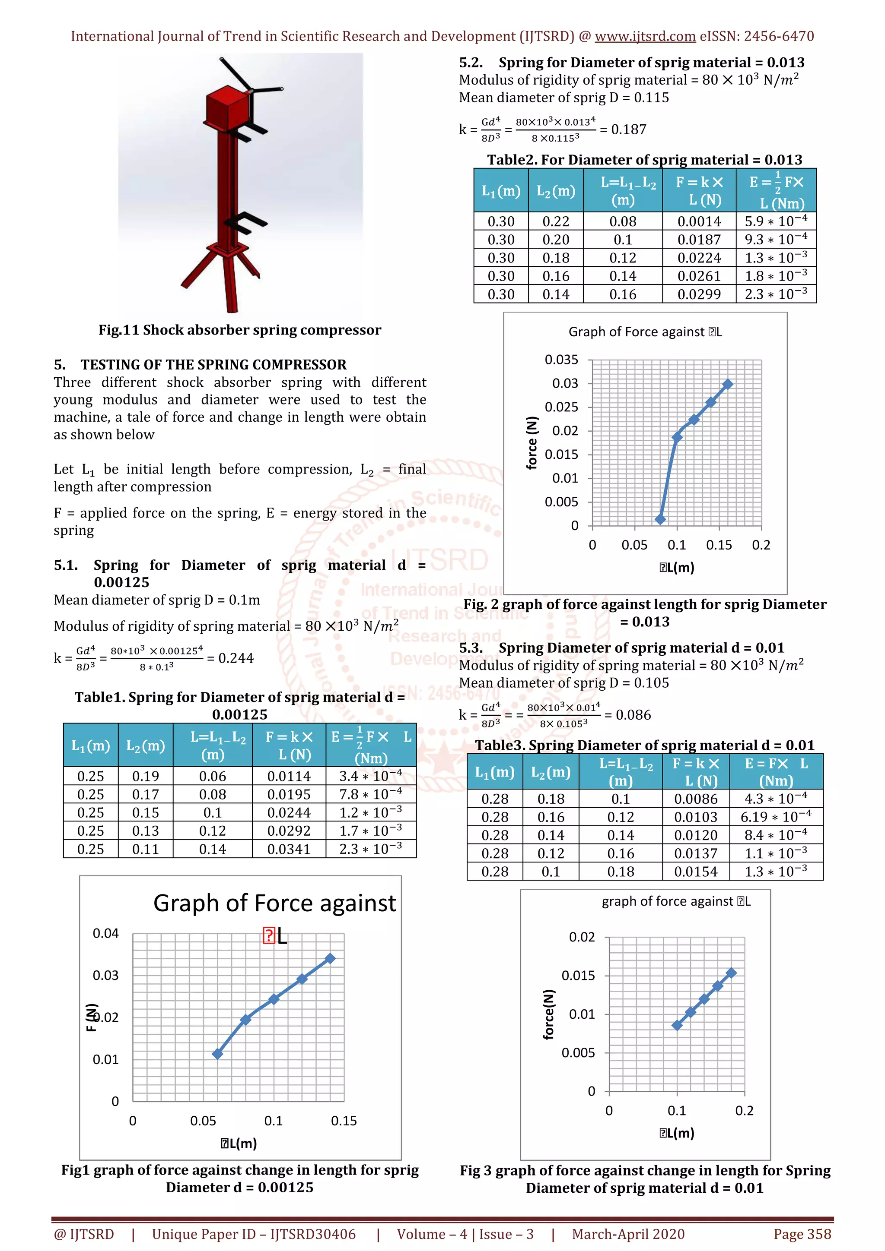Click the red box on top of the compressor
point(226,106)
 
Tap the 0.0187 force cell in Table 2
point(699,240)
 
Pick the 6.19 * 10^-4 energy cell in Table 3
point(775,817)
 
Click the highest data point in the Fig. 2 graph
point(727,384)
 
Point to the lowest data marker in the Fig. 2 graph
point(660,519)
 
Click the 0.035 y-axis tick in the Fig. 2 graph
point(561,360)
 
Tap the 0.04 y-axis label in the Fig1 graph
point(105,933)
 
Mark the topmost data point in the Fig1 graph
point(330,958)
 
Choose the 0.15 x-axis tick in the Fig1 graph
point(344,1121)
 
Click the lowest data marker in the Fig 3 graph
point(677,1025)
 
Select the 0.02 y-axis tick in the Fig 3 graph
point(582,937)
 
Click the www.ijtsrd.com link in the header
point(645,37)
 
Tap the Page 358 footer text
point(802,1234)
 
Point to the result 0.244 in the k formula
point(236,658)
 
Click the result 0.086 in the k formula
point(633,715)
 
